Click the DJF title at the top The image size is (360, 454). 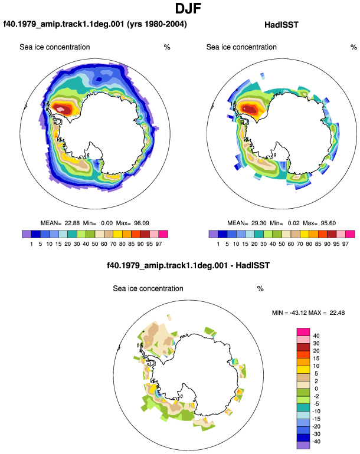coord(188,8)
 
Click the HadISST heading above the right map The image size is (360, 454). coord(281,25)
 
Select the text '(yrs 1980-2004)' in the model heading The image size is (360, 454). coord(157,24)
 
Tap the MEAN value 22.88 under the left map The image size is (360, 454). coord(72,223)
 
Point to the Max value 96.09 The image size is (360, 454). coord(142,223)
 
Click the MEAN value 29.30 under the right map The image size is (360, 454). coord(259,223)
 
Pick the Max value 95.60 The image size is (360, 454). coord(328,223)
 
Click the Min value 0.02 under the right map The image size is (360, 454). coord(294,223)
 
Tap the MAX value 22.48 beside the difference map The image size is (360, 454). coord(337,312)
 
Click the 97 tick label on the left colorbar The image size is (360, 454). coord(159,244)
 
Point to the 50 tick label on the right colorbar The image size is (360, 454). coord(282,244)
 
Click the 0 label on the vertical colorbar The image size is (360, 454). coord(316,389)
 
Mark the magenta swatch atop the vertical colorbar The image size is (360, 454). coord(303,332)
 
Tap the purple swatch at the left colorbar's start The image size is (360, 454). coord(27,234)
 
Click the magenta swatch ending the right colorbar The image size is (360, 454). coord(350,234)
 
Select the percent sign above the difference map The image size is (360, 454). coord(260,289)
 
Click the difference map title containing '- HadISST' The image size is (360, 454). coord(188,265)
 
